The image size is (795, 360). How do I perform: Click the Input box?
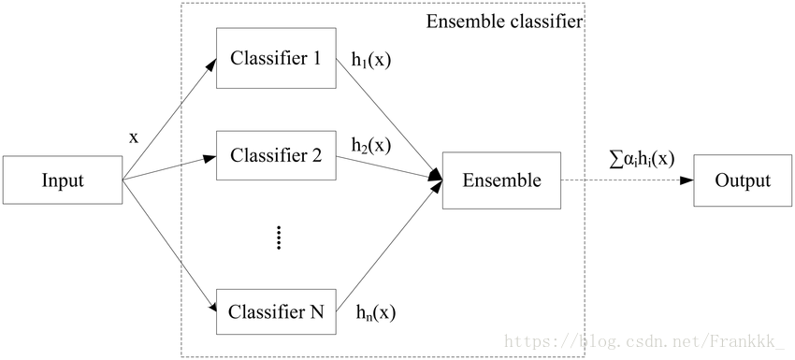click(x=63, y=180)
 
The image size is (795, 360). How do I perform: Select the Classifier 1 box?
click(x=275, y=58)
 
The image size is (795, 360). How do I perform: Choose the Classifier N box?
click(x=275, y=312)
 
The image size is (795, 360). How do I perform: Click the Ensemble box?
click(x=501, y=180)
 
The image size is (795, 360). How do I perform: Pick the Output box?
click(x=741, y=180)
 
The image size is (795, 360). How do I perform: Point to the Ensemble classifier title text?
click(x=504, y=21)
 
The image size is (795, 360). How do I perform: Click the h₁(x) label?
click(x=370, y=58)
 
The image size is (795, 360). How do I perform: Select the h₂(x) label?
click(x=370, y=146)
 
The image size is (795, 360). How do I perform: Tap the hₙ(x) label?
click(x=374, y=313)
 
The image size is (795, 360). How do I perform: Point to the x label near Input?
click(x=133, y=137)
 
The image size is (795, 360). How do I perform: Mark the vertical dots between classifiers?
click(x=278, y=238)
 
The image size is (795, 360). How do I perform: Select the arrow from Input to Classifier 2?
click(x=168, y=169)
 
